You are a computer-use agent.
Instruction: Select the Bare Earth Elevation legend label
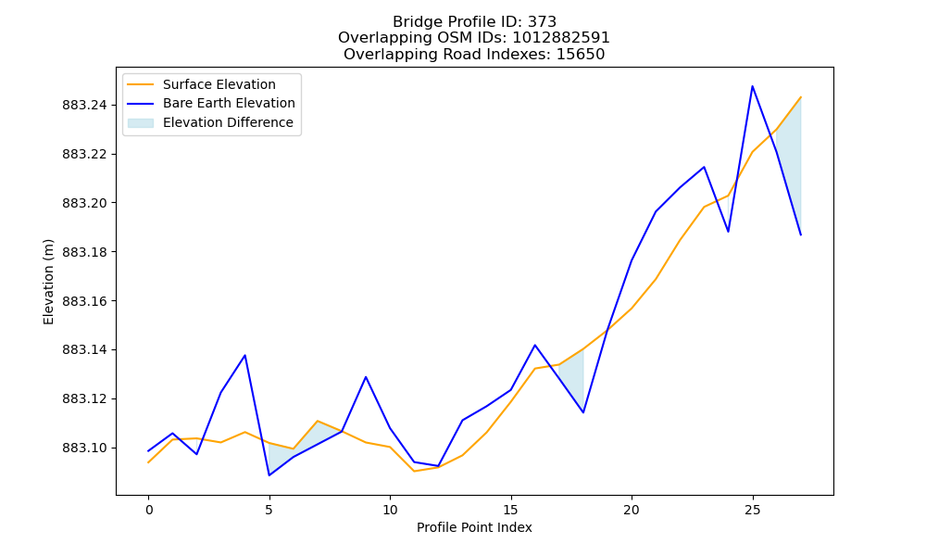[229, 103]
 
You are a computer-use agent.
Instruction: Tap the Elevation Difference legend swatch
[141, 123]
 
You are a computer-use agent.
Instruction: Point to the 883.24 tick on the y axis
[85, 105]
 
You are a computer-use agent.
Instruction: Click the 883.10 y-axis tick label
[85, 448]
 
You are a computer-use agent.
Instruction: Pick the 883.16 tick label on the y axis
[85, 301]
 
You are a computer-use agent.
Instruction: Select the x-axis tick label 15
[511, 510]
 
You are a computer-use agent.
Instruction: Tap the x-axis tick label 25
[752, 510]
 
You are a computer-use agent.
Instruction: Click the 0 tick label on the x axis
[148, 510]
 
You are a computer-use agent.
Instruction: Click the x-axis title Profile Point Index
[474, 527]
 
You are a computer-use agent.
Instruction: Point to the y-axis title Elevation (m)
[48, 282]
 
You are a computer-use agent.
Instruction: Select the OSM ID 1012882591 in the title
[561, 38]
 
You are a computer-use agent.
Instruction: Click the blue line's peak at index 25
[752, 86]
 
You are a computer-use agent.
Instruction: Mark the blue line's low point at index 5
[269, 475]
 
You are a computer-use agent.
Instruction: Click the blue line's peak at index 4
[245, 355]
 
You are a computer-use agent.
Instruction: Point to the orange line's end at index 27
[801, 97]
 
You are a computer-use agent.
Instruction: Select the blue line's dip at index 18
[583, 412]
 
